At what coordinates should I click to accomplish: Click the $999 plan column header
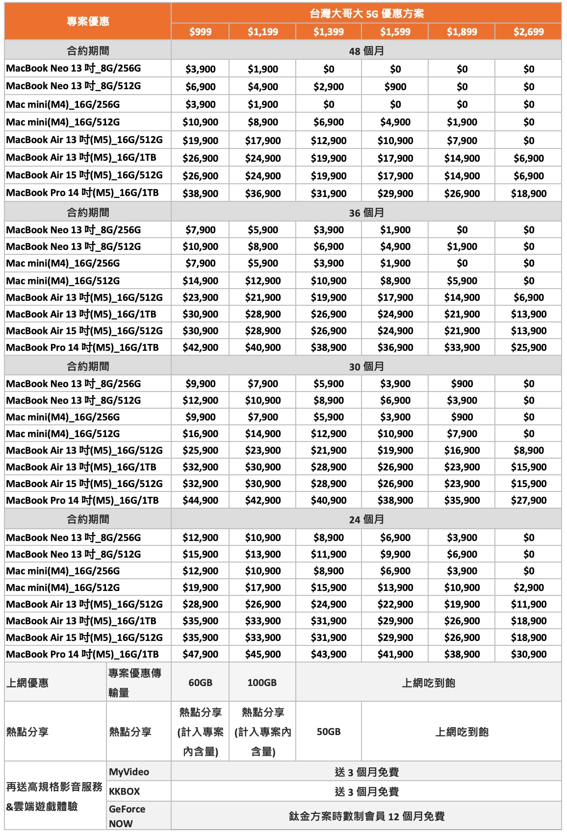coord(200,32)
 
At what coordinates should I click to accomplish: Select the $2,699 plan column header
coord(528,32)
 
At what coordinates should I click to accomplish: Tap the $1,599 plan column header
coord(395,32)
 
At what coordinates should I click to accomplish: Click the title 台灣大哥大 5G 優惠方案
coord(366,14)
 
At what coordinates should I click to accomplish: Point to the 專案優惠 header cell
coord(88,22)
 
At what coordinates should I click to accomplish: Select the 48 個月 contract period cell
coord(366,51)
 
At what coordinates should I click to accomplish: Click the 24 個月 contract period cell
coord(366,519)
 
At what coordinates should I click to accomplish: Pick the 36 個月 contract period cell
coord(366,213)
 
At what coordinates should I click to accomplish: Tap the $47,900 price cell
coord(200,654)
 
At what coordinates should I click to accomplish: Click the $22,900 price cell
coord(395,604)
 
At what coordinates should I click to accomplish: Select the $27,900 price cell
coord(528,500)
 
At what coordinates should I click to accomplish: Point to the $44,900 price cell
coord(200,500)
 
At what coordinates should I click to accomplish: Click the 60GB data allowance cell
coord(200,683)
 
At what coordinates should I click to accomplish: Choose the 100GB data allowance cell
coord(262,683)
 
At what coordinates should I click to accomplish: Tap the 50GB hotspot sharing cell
coord(328,732)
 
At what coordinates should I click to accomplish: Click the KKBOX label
coord(125,791)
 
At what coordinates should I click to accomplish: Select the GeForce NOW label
coord(127,816)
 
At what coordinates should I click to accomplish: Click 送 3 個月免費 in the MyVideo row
coord(366,772)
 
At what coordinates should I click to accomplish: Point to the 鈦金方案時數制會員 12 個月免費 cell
coord(366,816)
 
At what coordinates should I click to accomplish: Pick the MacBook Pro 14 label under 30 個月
coord(82,500)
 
